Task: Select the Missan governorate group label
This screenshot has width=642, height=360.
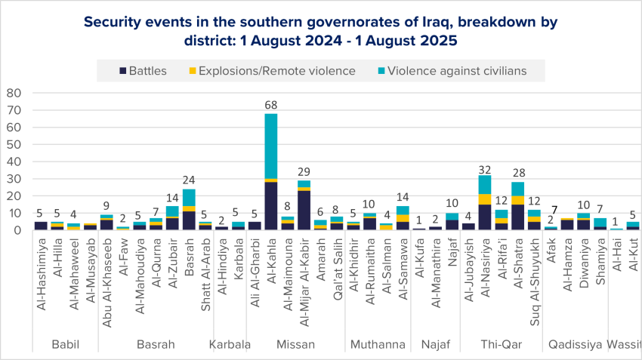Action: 296,345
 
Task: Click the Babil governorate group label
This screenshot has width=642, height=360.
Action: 65,345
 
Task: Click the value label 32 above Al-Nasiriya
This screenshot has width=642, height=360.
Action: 484,168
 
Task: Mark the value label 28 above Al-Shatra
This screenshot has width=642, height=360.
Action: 517,174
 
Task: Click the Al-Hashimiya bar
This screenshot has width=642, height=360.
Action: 41,226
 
